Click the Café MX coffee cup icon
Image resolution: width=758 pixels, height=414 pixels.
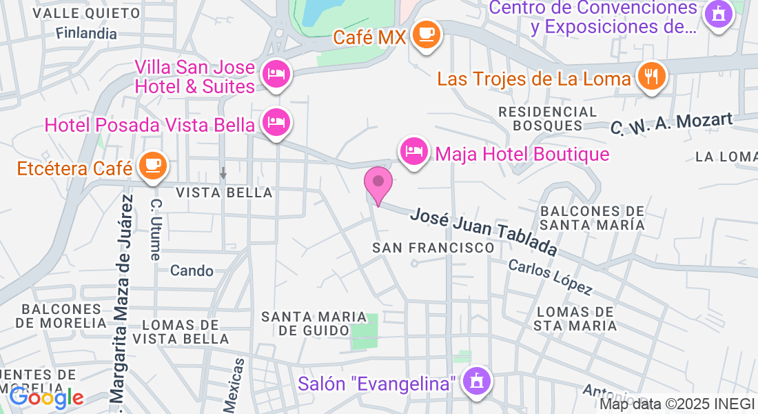coord(427,34)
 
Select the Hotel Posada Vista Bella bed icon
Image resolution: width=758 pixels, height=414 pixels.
coord(276,124)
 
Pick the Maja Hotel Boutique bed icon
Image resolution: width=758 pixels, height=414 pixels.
coord(413,151)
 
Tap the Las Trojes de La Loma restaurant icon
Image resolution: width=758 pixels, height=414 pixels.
coord(650,76)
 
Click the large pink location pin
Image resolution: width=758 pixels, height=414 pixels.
coord(378,184)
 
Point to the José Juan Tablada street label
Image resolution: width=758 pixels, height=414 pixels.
coord(483,230)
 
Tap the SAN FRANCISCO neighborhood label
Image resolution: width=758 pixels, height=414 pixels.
coord(433,247)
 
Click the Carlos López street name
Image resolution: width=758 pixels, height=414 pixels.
coord(551,276)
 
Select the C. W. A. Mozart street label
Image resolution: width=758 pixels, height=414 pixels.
coord(672,124)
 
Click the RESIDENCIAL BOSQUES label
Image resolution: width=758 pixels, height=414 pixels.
coord(548,118)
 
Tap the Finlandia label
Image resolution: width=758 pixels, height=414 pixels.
coord(87,32)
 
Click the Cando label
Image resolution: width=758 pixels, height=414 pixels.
coord(192,270)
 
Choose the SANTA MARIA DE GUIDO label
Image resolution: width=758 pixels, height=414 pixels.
coord(305,323)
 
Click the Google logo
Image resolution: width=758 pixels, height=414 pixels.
coord(46,397)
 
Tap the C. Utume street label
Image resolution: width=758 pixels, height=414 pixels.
coord(156,230)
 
